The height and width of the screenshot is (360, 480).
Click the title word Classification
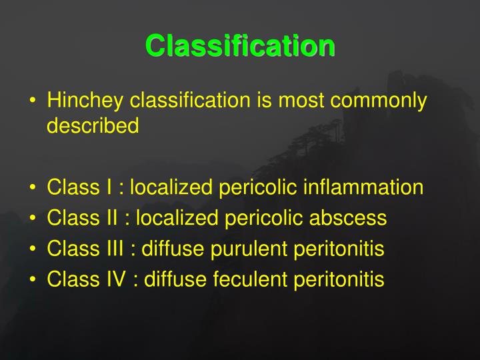click(240, 46)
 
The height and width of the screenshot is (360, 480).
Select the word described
click(93, 126)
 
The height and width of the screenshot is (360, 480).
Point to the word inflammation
click(363, 187)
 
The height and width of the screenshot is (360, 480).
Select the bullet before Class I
click(33, 188)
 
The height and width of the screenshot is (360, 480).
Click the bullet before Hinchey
click(33, 102)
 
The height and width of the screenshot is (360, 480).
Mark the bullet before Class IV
click(33, 280)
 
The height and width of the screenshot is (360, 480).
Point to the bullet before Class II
click(33, 219)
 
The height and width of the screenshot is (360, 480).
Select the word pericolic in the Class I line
click(257, 187)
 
